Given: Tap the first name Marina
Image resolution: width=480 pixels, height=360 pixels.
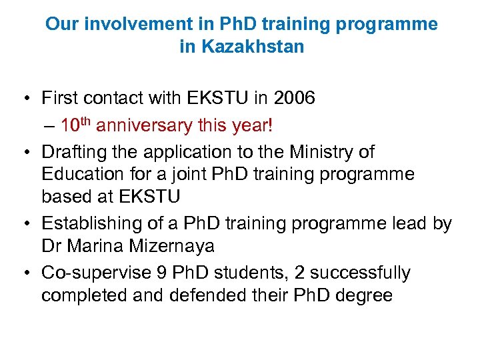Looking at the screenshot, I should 99,247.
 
